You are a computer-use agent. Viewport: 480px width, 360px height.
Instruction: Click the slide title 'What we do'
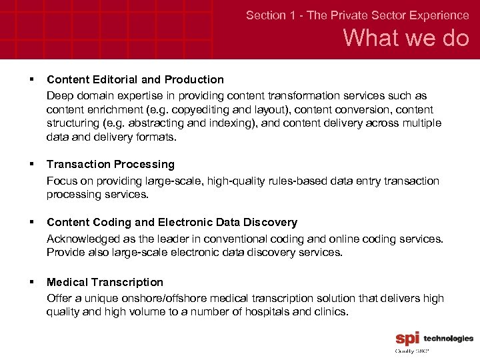pos(406,39)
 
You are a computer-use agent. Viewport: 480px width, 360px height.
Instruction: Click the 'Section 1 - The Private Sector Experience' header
pos(357,15)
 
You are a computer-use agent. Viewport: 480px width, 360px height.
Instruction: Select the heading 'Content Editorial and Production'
pos(135,79)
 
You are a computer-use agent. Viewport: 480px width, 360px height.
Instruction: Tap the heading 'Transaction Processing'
pos(111,164)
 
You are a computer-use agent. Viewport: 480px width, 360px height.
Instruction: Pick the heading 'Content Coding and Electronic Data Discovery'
pos(172,222)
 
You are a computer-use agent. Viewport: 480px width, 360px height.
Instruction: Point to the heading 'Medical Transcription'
pos(105,282)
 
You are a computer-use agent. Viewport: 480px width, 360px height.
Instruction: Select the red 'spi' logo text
pos(407,339)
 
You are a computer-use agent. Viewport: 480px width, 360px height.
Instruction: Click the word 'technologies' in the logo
pos(449,339)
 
